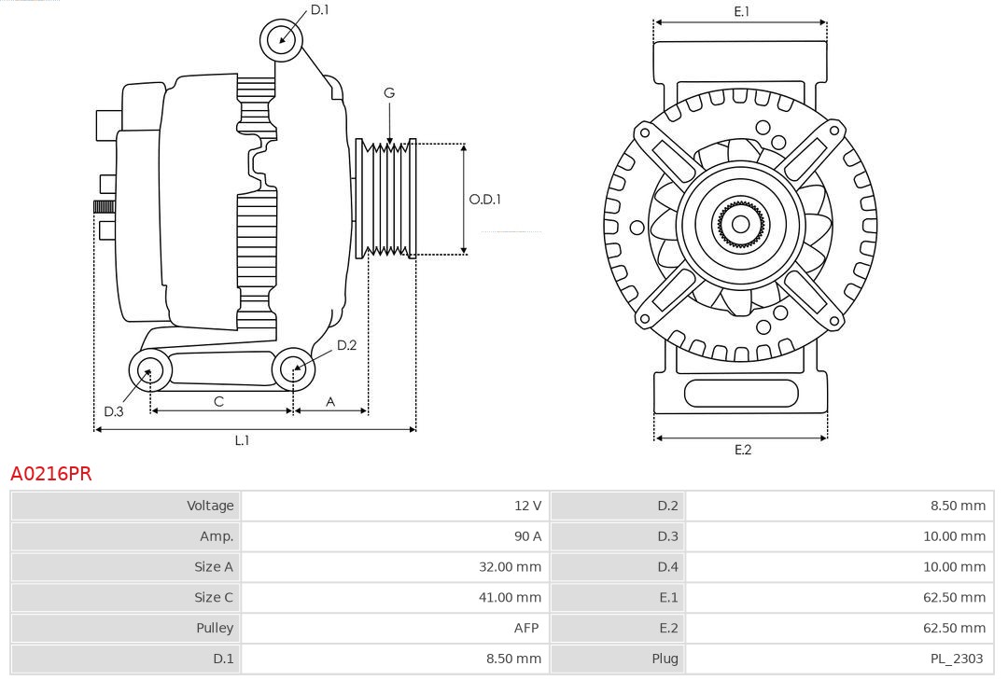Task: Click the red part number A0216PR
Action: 51,474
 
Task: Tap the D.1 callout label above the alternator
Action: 320,9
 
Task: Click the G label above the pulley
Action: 389,92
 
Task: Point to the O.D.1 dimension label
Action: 485,199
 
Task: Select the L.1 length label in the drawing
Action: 242,440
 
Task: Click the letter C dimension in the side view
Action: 218,401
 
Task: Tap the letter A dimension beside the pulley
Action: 330,401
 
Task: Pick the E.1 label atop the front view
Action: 742,11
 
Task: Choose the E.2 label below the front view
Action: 742,450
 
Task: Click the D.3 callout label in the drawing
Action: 114,411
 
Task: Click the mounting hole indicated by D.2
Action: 293,368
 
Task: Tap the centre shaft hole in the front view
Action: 740,224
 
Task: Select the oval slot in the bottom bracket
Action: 741,394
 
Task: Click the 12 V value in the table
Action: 527,506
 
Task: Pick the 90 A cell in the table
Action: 527,536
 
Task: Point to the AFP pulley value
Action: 527,628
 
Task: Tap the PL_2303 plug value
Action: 957,659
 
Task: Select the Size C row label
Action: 213,597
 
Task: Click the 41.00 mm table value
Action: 510,597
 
